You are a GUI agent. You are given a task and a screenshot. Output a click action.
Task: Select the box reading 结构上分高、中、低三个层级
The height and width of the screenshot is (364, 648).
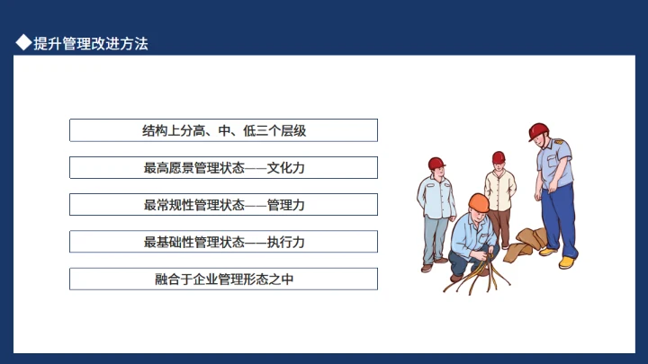coord(223,130)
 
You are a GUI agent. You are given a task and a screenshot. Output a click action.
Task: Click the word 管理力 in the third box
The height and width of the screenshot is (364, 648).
coord(286,205)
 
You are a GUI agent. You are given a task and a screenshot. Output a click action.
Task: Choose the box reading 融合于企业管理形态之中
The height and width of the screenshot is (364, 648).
coord(223,279)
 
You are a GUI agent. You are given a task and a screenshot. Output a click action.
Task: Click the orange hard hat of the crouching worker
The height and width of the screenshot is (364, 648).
coord(478,202)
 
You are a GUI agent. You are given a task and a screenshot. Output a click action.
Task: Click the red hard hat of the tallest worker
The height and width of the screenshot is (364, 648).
coord(538,131)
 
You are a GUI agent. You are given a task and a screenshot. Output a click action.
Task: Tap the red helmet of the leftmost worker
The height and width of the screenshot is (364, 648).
coord(436,164)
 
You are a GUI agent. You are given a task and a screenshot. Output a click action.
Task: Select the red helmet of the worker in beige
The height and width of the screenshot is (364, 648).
coord(499,157)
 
